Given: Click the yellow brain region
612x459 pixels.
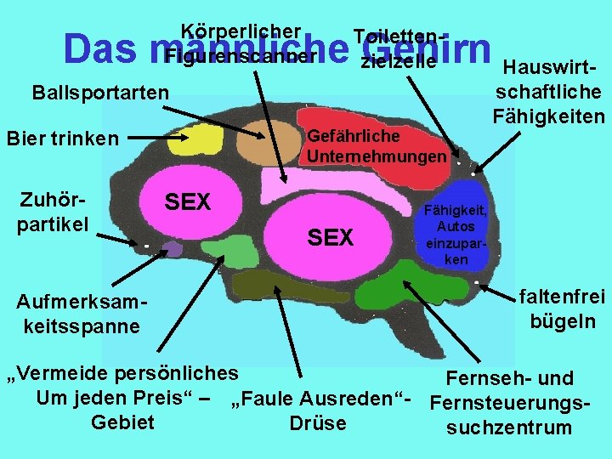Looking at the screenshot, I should pos(194,140).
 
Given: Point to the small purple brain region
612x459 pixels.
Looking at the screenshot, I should pos(173,248).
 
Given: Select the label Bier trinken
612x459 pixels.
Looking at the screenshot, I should pos(62,138).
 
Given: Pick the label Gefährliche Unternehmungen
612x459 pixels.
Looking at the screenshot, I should pos(376,146).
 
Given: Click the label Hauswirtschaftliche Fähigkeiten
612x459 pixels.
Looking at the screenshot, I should pos(549,91).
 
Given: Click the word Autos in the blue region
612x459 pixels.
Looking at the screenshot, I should pos(456,227).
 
